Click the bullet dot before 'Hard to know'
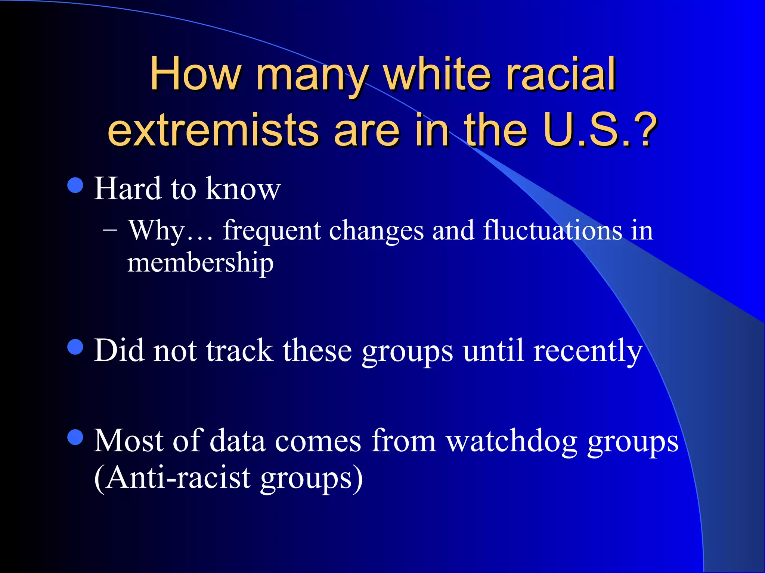pos(75,185)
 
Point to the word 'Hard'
pos(127,189)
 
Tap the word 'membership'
pos(200,263)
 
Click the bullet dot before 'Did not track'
pos(75,347)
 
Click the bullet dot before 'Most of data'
pos(75,437)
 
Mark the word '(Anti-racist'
pos(173,479)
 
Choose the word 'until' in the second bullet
pos(493,351)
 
